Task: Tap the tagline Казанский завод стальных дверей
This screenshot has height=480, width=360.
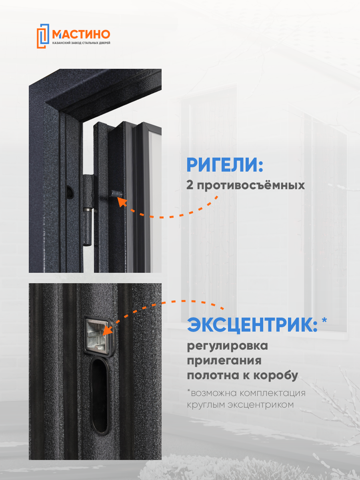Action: coord(81,43)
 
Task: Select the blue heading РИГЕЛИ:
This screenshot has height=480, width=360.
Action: coord(225,165)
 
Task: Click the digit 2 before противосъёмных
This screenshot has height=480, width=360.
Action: coord(190,186)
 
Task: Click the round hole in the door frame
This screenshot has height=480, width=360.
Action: coord(70,192)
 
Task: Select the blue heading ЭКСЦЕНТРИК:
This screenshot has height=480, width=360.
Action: coord(252,325)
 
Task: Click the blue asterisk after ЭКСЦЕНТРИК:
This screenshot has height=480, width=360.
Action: coord(324,321)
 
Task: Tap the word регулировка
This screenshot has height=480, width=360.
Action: coord(228,346)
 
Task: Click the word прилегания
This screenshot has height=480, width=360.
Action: coord(224,360)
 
